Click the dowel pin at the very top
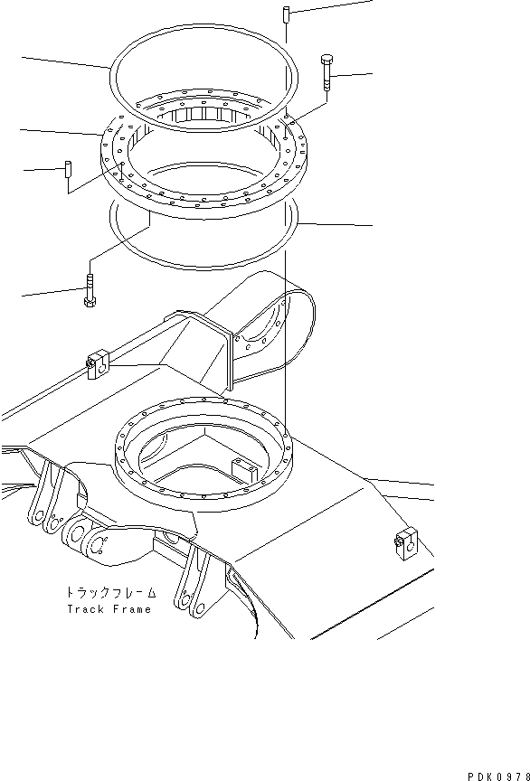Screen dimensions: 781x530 point(284,14)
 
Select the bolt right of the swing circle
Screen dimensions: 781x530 point(326,72)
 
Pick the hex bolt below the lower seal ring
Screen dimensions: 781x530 point(90,292)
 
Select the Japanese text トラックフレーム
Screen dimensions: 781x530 point(110,593)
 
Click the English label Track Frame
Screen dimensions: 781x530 point(111,609)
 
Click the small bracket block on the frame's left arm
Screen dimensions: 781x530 point(97,365)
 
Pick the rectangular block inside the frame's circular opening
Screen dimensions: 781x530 point(245,468)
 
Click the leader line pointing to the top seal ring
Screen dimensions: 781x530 point(63,62)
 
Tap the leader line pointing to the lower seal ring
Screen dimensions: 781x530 point(335,222)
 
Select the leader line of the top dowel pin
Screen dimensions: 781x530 point(330,6)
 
